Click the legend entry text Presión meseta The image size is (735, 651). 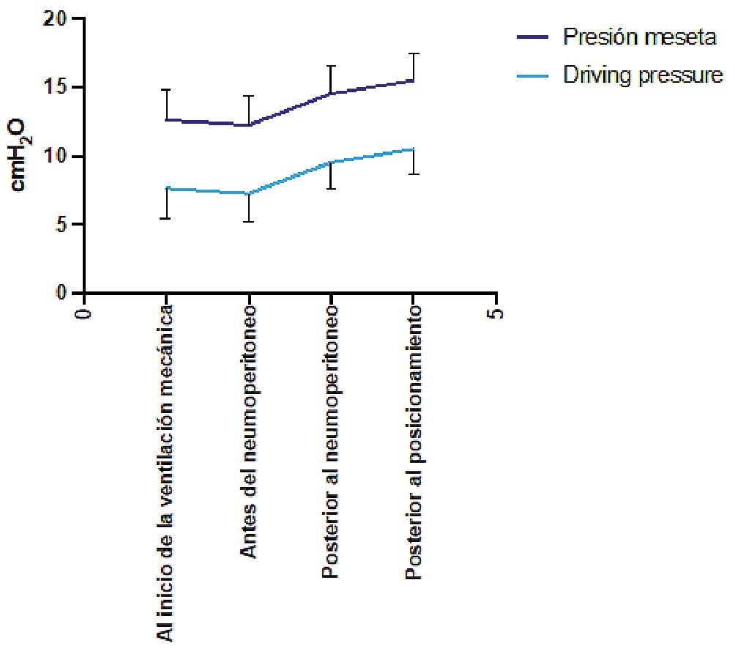point(639,37)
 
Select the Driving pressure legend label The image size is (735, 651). point(643,75)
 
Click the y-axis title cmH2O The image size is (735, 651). point(22,156)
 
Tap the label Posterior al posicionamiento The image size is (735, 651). point(414,444)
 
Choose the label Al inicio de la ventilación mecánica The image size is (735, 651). point(167,473)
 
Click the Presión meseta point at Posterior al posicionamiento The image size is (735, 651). point(414,81)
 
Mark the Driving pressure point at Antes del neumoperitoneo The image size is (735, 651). point(250,193)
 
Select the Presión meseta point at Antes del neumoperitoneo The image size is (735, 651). point(250,125)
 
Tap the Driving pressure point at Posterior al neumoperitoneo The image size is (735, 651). point(332,162)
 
